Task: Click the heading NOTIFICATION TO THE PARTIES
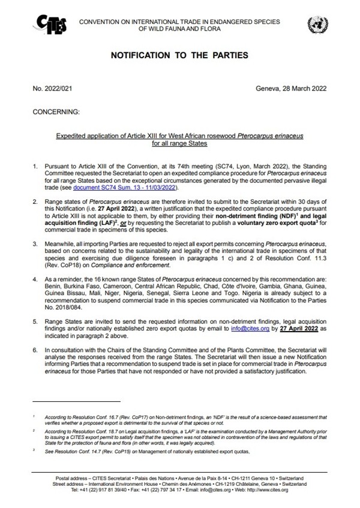click(179, 56)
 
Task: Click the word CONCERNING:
click(56, 112)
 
